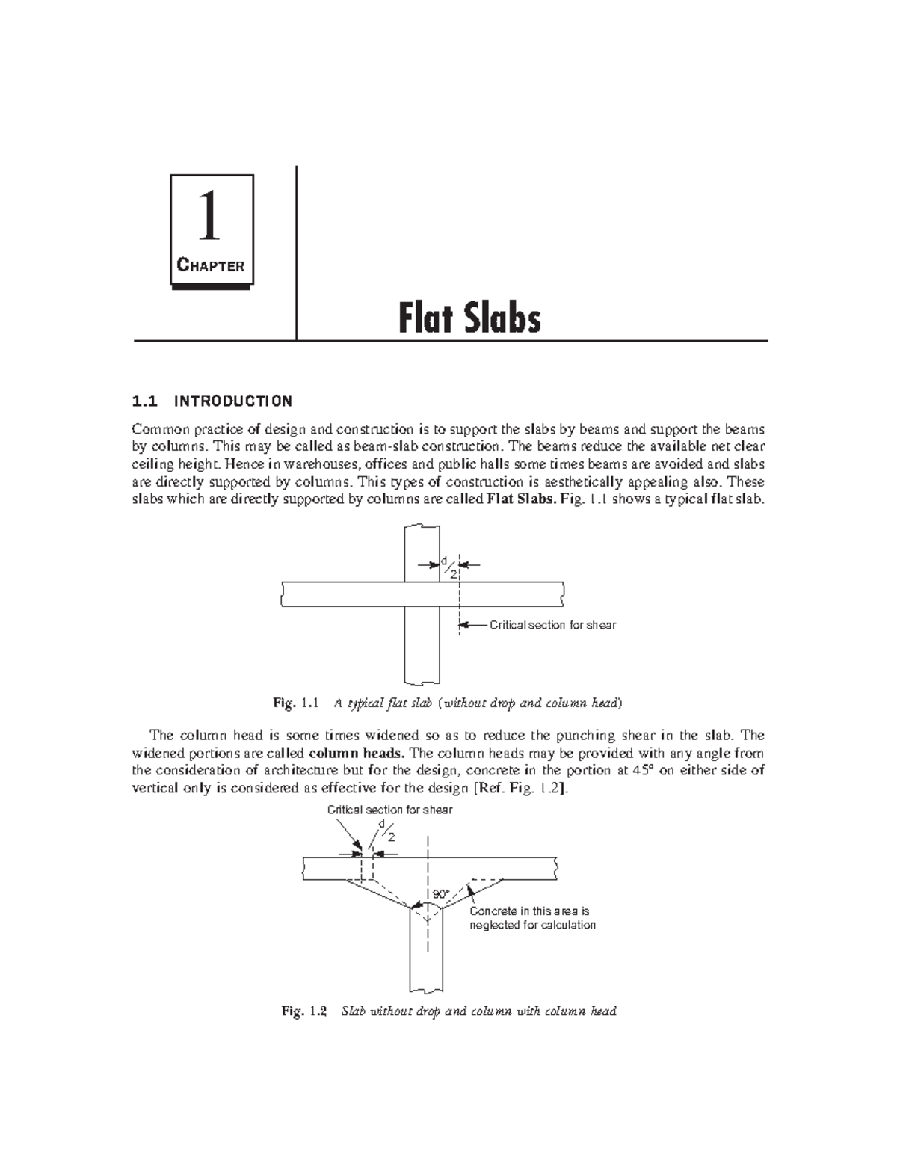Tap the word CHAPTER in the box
click(x=210, y=265)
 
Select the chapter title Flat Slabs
click(x=469, y=318)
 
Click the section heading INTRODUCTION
click(x=232, y=401)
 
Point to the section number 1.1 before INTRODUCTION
click(x=145, y=401)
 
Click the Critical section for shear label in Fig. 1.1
click(x=552, y=625)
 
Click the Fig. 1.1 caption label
click(x=296, y=703)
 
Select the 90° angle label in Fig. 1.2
click(x=440, y=894)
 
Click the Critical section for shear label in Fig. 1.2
click(x=389, y=810)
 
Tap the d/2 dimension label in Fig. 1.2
click(x=386, y=830)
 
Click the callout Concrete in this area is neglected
click(x=532, y=918)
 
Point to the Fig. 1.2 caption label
click(x=304, y=1011)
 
